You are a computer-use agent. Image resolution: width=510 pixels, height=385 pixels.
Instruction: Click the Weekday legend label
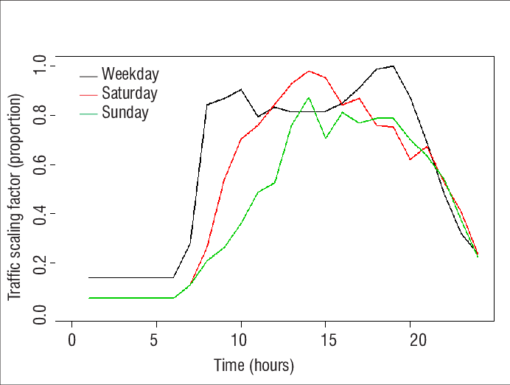(130, 74)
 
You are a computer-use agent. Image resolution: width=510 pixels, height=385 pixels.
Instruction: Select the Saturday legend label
(130, 94)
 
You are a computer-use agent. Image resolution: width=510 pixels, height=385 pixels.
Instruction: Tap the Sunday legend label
(125, 113)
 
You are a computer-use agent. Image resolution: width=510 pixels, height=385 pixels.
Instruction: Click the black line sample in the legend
(89, 75)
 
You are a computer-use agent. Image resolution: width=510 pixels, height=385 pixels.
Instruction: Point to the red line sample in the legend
(89, 94)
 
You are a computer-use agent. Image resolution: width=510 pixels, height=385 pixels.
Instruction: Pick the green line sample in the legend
(89, 114)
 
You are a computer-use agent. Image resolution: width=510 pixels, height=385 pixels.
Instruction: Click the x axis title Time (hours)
(254, 365)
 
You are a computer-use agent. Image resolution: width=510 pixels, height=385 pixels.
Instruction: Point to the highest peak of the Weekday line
(393, 66)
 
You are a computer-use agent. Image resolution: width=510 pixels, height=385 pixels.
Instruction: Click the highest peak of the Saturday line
(309, 72)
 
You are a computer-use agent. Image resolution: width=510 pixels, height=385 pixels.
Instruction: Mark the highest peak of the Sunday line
(309, 97)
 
